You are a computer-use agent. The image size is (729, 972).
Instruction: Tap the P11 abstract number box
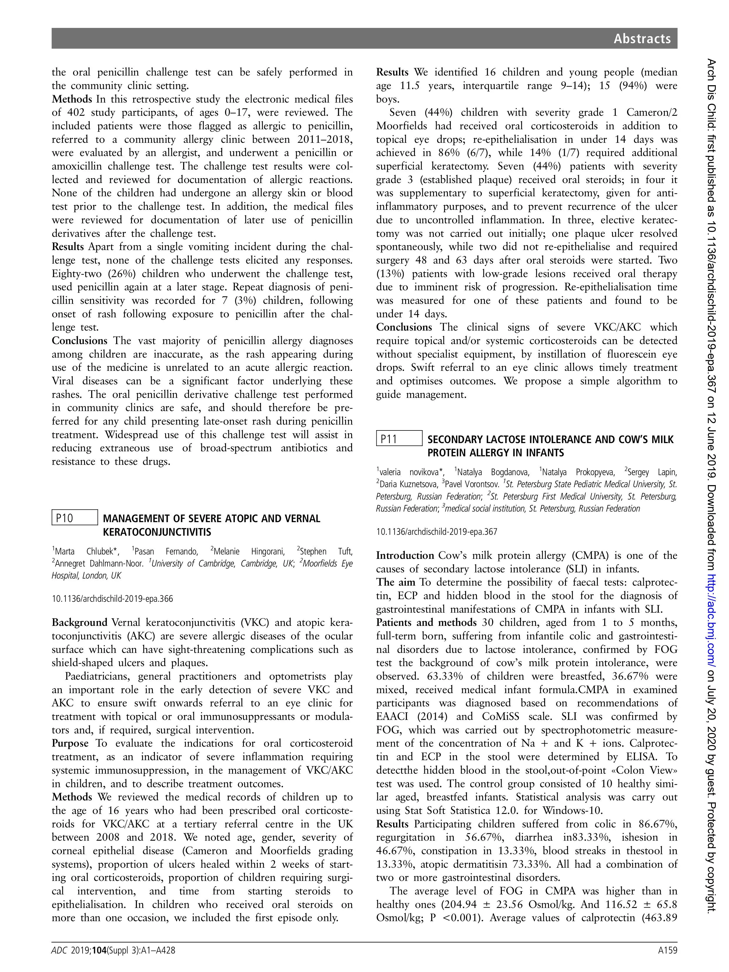coord(399,438)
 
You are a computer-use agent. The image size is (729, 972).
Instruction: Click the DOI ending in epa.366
coord(112,599)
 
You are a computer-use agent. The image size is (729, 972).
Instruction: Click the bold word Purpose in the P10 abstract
coord(70,743)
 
